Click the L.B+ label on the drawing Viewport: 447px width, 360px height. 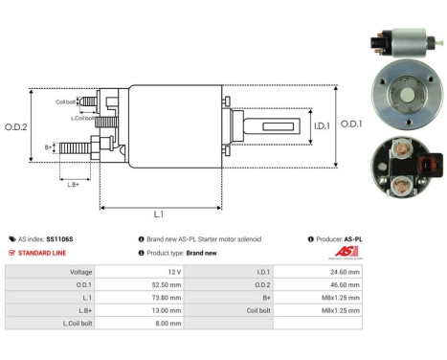tap(74, 183)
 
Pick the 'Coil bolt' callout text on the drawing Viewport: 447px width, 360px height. tap(65, 101)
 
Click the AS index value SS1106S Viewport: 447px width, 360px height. tap(59, 238)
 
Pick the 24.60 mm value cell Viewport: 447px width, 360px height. tap(342, 272)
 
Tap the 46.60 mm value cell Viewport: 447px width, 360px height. tap(342, 284)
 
